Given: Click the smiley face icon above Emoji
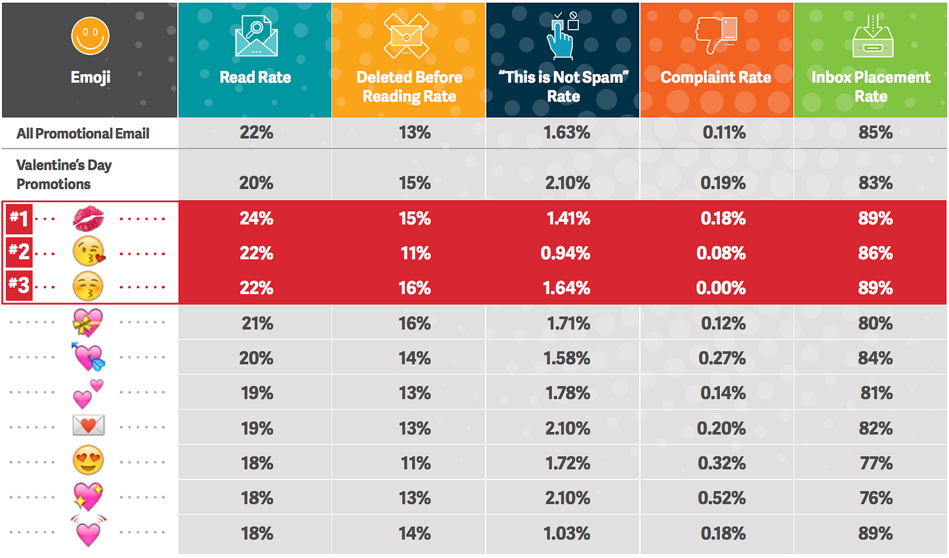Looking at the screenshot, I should click(x=90, y=36).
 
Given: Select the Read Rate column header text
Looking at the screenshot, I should click(x=255, y=77).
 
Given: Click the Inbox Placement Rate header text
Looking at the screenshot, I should click(x=870, y=86).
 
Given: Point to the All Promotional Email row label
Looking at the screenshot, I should click(x=83, y=134).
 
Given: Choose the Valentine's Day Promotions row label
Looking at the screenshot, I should click(x=64, y=174).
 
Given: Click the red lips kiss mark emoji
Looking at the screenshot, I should click(x=88, y=218).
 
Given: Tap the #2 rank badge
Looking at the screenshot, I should click(x=19, y=252).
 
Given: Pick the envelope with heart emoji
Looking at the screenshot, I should click(x=88, y=426).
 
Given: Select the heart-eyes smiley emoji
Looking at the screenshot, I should click(x=88, y=462).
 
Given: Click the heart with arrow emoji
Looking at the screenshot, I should click(x=88, y=357).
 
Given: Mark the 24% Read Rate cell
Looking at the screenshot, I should click(x=256, y=218).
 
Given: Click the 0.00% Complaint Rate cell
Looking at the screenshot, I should click(x=721, y=288).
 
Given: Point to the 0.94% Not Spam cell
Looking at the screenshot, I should click(x=567, y=254).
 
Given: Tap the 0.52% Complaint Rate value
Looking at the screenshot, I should click(x=721, y=498).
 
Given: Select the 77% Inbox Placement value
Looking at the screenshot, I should click(x=875, y=463).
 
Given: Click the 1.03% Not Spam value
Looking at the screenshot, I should click(x=567, y=534).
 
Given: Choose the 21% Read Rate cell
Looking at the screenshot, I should click(x=256, y=323).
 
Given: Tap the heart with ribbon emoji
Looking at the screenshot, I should click(x=88, y=323).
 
